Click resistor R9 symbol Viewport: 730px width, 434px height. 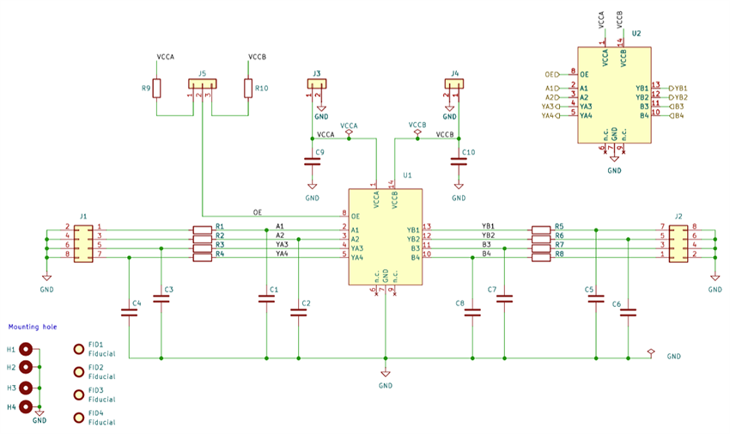click(156, 89)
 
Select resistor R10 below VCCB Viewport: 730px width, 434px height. click(248, 89)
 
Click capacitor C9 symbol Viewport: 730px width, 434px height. click(312, 161)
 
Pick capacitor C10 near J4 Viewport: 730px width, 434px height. click(458, 161)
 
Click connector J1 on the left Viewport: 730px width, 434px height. click(83, 243)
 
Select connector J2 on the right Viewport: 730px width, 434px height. click(678, 243)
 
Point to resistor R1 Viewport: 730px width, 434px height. click(202, 229)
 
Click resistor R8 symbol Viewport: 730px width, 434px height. click(540, 256)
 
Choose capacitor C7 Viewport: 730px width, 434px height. click(504, 299)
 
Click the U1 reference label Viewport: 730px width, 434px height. click(407, 175)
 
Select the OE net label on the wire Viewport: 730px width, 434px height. click(258, 211)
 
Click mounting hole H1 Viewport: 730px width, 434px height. click(27, 350)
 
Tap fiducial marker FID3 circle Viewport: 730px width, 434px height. click(80, 394)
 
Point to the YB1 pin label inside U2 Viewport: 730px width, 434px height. click(642, 88)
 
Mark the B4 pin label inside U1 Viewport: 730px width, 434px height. click(415, 257)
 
